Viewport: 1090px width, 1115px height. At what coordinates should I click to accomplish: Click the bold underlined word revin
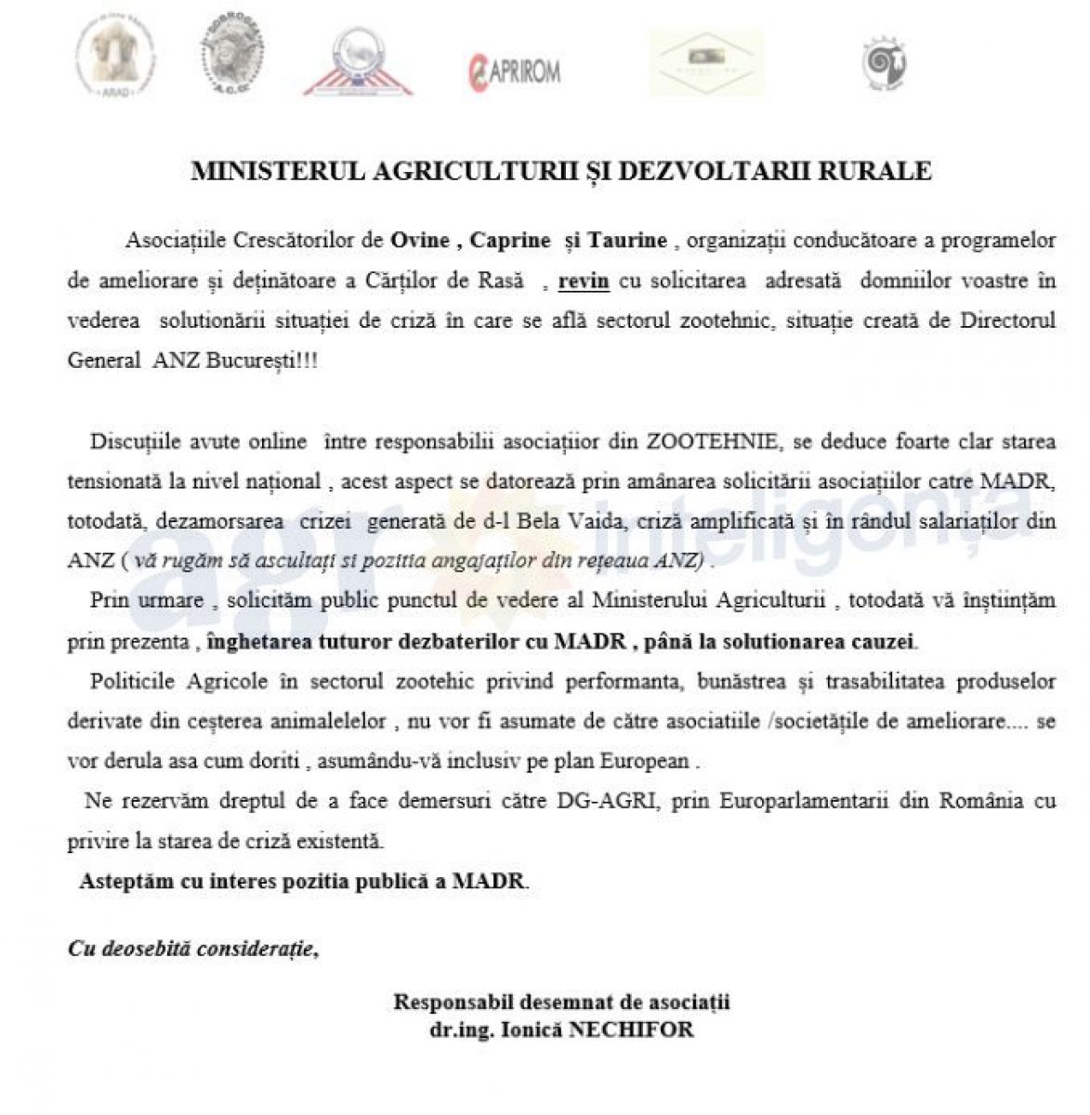click(584, 280)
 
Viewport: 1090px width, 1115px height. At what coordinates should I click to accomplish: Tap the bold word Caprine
click(510, 240)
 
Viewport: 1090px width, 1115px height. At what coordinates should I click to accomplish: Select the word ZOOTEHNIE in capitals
click(691, 440)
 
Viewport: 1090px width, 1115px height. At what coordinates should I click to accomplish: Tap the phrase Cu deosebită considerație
click(191, 949)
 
